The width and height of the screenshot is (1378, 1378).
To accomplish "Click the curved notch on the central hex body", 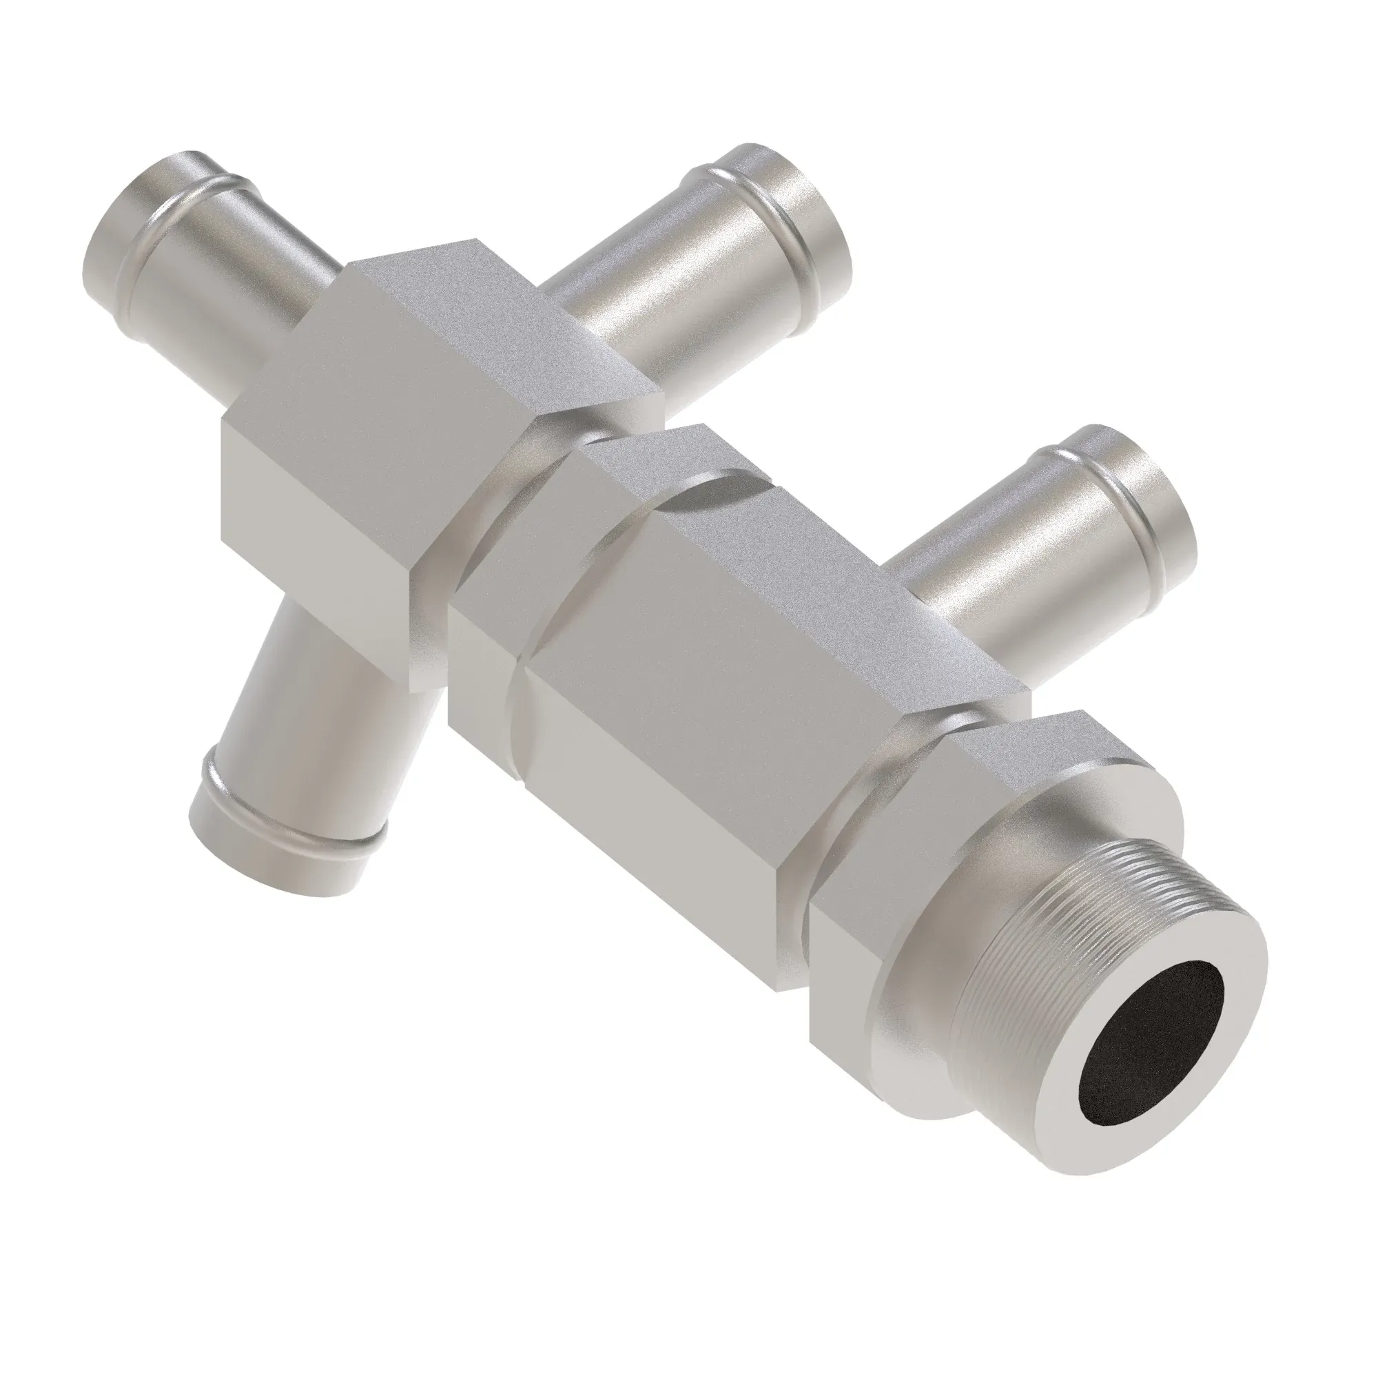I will click(x=713, y=492).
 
